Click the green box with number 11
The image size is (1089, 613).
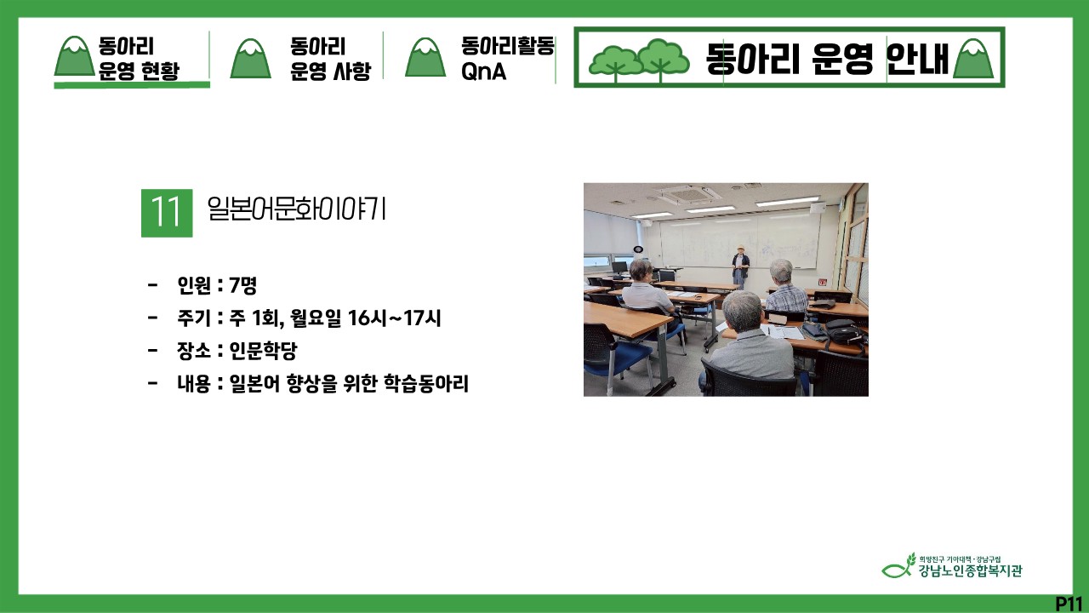(167, 213)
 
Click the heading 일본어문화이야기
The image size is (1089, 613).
(297, 209)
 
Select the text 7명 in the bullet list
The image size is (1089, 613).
(242, 285)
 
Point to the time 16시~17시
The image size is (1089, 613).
(394, 318)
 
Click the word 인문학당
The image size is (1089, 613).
(263, 351)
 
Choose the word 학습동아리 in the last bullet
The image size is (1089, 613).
(426, 383)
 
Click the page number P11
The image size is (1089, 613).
(1069, 604)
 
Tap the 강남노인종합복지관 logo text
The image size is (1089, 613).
(971, 570)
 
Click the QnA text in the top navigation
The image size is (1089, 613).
(484, 72)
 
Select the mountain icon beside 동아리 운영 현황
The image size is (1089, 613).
(74, 56)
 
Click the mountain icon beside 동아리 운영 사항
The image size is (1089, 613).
(250, 59)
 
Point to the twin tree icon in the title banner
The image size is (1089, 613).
(639, 60)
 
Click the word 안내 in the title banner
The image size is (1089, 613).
(917, 59)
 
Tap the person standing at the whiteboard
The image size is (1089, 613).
(740, 266)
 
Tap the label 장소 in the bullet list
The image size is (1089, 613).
(193, 351)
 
